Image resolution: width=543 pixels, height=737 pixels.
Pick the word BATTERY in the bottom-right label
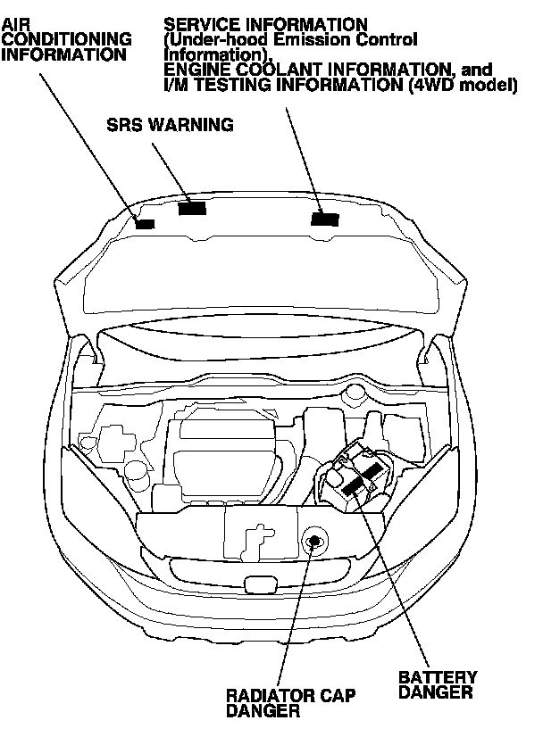438,677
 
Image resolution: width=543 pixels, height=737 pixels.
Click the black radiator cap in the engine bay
314,540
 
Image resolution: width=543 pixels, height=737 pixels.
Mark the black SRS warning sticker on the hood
192,208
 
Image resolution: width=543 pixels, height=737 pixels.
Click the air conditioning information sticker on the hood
144,222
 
